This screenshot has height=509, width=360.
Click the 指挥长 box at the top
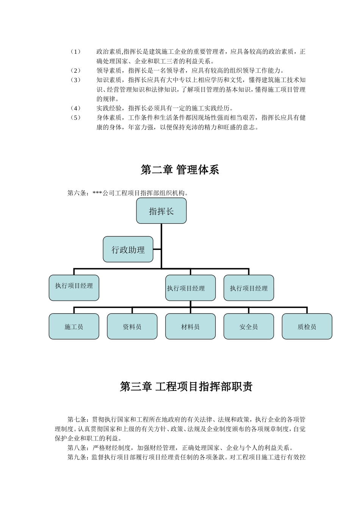click(161, 211)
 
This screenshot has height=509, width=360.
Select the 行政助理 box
click(128, 250)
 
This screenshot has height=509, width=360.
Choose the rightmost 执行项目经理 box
click(249, 288)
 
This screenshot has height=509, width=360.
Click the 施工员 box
click(74, 326)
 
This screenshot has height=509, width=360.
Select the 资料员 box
click(132, 326)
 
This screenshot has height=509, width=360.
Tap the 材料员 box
click(190, 326)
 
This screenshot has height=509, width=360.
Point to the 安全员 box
click(249, 326)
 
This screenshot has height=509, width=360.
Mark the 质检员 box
click(307, 326)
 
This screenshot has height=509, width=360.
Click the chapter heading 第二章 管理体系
click(180, 170)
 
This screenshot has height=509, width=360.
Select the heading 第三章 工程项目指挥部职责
click(186, 387)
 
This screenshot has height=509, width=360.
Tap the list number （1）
click(76, 52)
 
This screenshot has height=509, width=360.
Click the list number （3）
click(76, 80)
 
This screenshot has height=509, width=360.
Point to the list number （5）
click(76, 118)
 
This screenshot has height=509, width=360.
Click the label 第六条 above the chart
click(77, 193)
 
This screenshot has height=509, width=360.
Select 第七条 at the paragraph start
click(77, 420)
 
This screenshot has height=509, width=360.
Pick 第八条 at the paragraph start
click(77, 448)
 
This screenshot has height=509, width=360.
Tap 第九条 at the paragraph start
click(77, 457)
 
